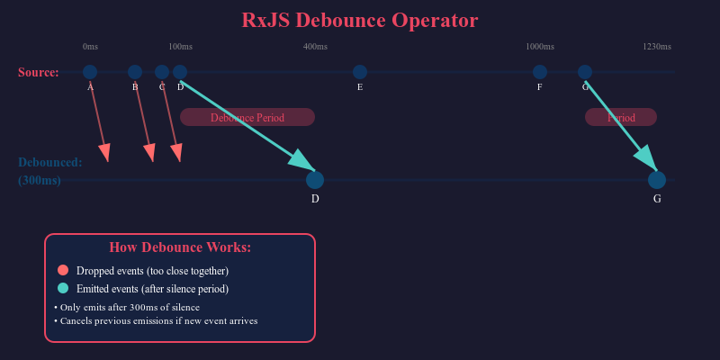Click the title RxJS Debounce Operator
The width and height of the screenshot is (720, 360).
click(x=360, y=20)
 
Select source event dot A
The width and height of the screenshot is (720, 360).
click(x=90, y=72)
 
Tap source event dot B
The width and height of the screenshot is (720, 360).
click(x=135, y=72)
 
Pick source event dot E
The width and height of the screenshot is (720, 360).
click(x=360, y=72)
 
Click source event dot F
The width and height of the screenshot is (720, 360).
click(x=540, y=72)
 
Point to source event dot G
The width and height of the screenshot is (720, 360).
click(x=585, y=72)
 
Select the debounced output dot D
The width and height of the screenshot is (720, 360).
click(x=315, y=180)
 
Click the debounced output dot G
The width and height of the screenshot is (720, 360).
click(x=657, y=180)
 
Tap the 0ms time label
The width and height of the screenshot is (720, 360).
click(x=90, y=47)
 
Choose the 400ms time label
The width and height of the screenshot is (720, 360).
click(x=315, y=47)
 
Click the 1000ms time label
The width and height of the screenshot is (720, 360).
click(x=540, y=47)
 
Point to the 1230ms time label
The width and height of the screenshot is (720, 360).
click(x=657, y=47)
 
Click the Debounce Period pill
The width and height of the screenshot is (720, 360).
click(x=247, y=117)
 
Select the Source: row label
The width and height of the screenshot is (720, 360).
click(x=39, y=73)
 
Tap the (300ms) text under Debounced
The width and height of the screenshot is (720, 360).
click(x=40, y=180)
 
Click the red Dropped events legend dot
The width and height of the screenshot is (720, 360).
click(x=63, y=270)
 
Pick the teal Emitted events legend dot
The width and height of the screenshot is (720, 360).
click(x=63, y=288)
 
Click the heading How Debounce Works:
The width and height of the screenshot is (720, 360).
click(x=180, y=247)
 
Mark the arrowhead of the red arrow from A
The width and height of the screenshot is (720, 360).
click(x=106, y=155)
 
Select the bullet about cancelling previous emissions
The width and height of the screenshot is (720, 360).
click(x=157, y=320)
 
